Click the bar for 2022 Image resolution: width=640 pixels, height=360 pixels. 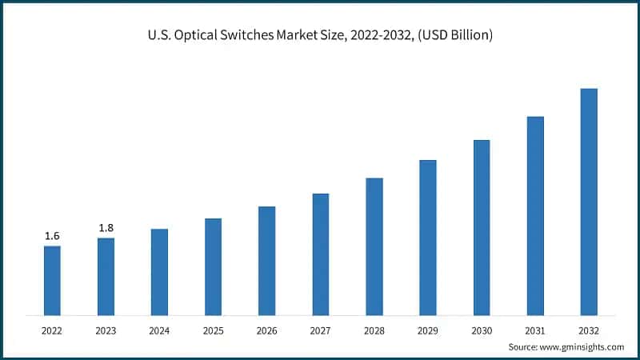coord(52,280)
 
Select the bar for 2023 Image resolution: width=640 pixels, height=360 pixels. coord(106,276)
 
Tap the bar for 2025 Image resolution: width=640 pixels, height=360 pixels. coord(213,266)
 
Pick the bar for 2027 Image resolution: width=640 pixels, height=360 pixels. coord(321,254)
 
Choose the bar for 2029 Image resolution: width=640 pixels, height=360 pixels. coord(428,237)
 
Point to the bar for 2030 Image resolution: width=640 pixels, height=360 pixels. coord(482,227)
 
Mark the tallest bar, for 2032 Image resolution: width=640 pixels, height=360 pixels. coord(589,202)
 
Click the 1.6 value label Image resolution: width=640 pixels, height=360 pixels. coord(52,236)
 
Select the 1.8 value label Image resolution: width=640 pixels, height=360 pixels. coord(106,228)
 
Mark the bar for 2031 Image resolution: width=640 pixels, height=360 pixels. coord(535,215)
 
